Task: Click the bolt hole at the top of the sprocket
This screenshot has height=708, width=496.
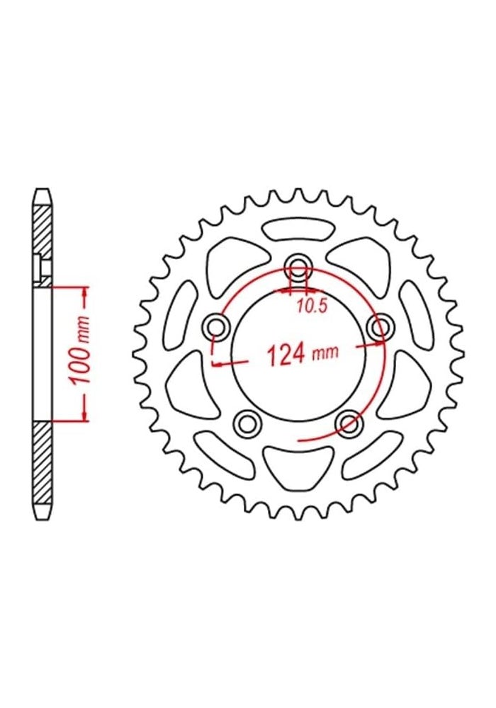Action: coord(298,268)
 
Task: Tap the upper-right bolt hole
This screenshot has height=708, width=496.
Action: coord(381,326)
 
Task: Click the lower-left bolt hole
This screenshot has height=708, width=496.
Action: coord(247,423)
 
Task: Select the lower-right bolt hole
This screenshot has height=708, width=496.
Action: coord(349,423)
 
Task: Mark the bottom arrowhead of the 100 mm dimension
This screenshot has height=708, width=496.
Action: coord(85,417)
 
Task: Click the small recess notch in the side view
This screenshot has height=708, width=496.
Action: coord(40,268)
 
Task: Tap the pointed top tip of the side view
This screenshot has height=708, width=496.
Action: coord(43,190)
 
